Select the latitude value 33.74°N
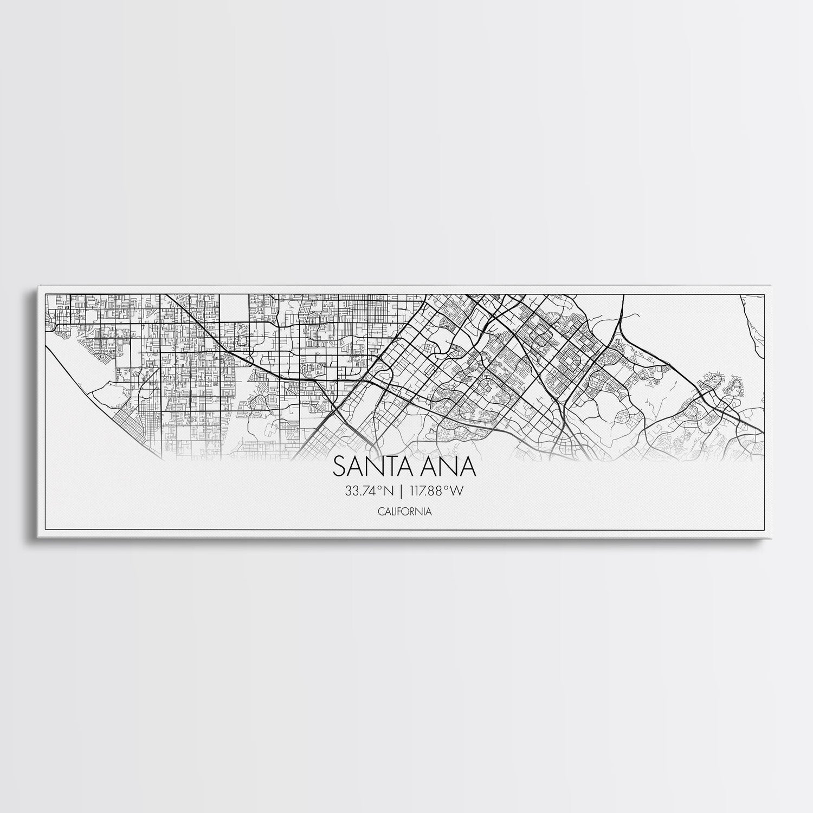click(368, 491)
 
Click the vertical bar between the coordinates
click(400, 491)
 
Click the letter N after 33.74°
click(388, 491)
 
